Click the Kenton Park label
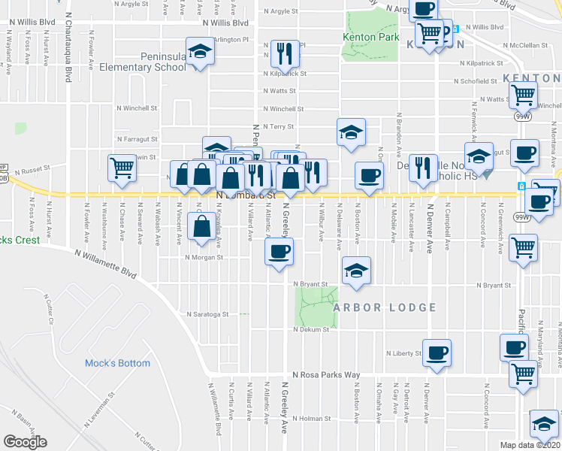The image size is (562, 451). coord(369,37)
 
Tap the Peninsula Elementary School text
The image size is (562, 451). coord(163,62)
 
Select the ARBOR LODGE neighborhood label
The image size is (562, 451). coord(385,307)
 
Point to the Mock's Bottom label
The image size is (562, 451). coord(117,363)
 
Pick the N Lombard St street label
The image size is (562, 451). coord(246,195)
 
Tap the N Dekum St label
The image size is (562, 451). coord(312,330)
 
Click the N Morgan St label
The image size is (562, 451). coord(205,257)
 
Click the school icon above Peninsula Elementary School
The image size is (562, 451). coord(200,52)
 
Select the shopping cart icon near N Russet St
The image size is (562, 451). coord(122,168)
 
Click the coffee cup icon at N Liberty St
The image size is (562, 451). coord(436,352)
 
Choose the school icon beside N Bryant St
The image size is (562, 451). coord(356,270)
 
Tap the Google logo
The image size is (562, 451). coord(25,442)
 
